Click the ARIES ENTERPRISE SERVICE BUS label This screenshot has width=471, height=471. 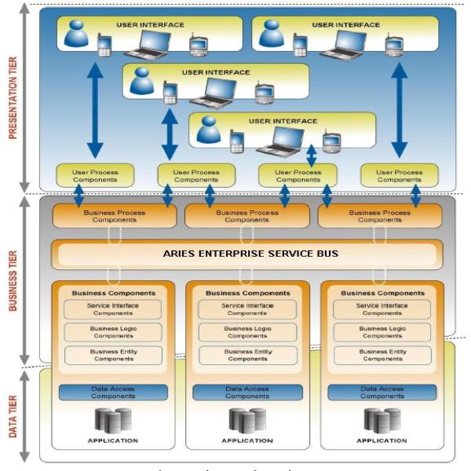coord(250,254)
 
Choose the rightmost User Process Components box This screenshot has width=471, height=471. coord(399,176)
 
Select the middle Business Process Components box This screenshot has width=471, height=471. coord(246,216)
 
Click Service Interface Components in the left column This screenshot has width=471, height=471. coord(113,309)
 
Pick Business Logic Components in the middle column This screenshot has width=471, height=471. coord(248,332)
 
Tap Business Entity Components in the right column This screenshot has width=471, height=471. coord(382,355)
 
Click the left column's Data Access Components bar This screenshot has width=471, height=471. coord(113,392)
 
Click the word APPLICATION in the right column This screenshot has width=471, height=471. coord(382,440)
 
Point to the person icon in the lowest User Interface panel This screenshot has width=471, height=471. coord(209,130)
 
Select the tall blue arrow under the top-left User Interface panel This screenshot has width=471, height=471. coord(95,110)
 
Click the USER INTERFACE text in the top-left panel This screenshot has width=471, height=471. coord(150,24)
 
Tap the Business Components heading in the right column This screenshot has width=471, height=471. coord(382,293)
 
